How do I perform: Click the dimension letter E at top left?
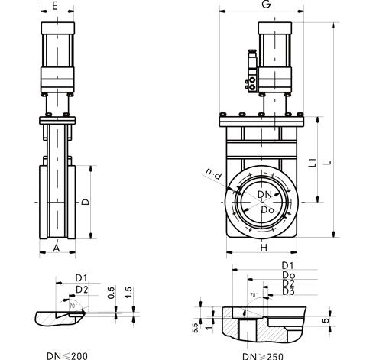point(54,5)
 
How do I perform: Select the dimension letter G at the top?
point(266,5)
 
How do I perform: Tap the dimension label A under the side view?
point(57,248)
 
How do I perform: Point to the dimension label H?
point(264,247)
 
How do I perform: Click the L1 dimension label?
point(313,162)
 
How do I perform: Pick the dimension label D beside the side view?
point(86,202)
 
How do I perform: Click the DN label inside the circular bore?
point(264,195)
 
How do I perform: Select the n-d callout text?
point(214,174)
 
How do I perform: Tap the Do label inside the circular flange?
point(267,210)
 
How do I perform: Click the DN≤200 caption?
point(67,356)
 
